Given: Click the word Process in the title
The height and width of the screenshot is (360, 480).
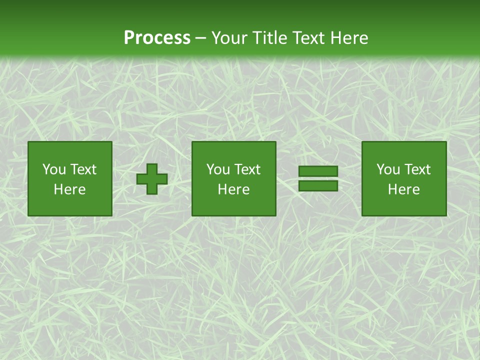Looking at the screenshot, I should point(157,38).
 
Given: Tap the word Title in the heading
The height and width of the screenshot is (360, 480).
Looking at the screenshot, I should point(268,38).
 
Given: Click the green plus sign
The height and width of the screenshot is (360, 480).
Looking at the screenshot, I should point(152,179).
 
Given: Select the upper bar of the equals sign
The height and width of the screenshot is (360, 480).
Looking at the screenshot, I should point(318,171).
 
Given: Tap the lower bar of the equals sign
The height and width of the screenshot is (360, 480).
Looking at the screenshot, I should point(318,186).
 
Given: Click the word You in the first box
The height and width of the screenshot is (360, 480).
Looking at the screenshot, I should point(54,169).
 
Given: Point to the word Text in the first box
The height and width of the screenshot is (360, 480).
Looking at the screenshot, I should point(83,169).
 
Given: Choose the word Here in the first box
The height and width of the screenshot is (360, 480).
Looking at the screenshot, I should point(69,189).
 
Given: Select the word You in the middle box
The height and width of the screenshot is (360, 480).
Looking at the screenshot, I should point(218,169).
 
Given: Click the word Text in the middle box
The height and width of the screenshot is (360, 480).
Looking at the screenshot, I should point(247,169).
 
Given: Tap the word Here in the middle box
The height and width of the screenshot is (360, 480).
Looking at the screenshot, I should point(233,189).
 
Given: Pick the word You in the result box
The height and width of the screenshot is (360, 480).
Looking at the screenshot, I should point(388,169).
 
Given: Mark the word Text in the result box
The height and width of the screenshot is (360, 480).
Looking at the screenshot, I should point(417,169).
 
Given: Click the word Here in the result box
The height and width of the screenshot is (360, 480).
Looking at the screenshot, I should point(403,189).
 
